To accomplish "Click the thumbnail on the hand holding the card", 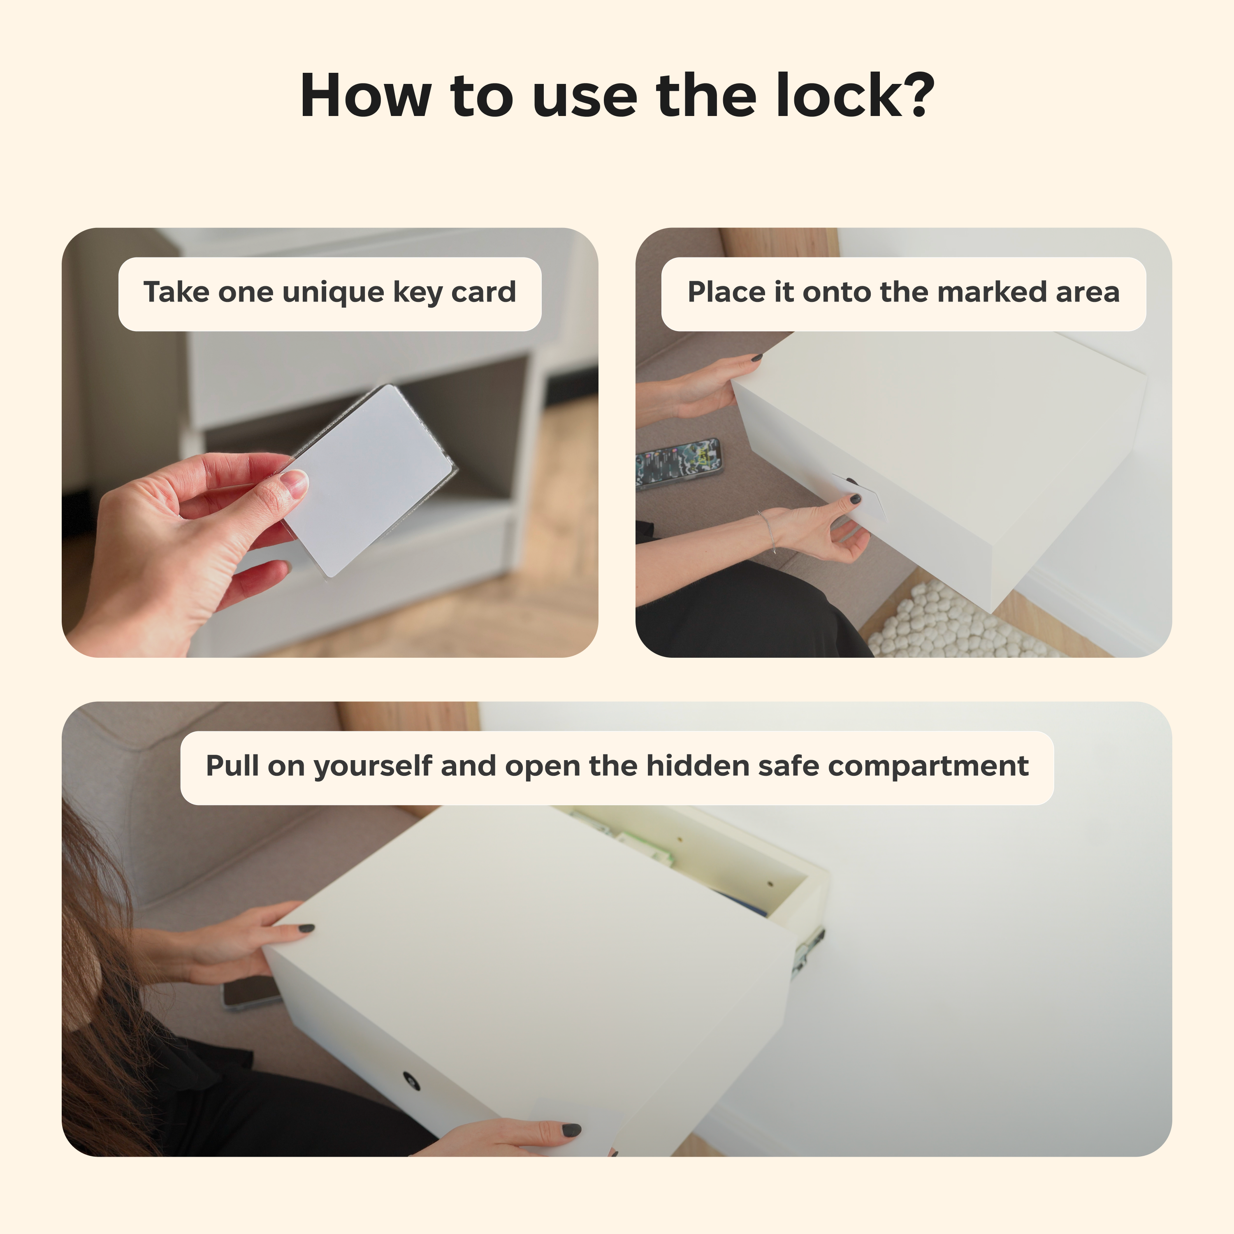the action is (295, 483).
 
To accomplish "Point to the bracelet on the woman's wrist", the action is (768, 530).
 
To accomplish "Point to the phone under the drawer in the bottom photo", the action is (251, 992).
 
